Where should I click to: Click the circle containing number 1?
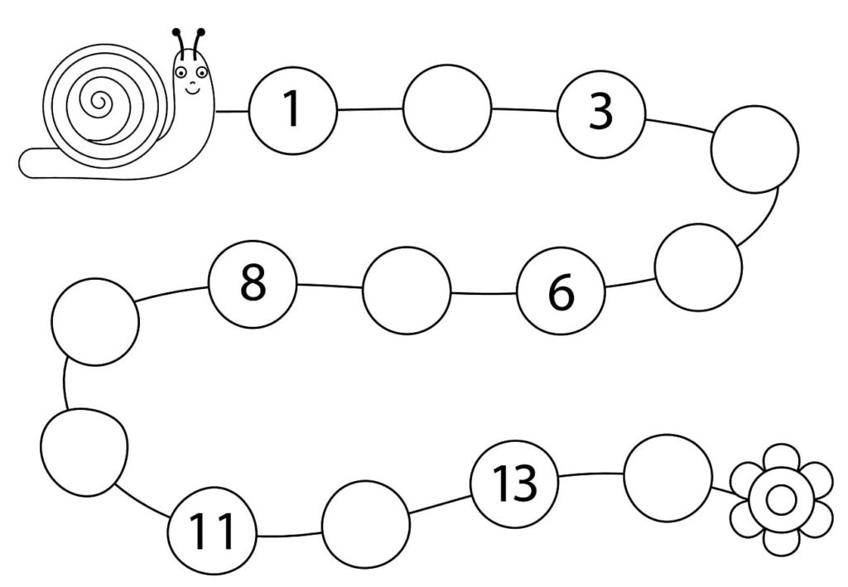(x=292, y=110)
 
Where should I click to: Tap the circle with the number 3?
(x=601, y=111)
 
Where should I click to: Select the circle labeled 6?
(x=561, y=290)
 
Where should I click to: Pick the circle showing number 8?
(x=253, y=283)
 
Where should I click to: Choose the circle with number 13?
(x=514, y=483)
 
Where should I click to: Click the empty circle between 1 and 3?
(x=447, y=108)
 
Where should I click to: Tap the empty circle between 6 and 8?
(x=407, y=291)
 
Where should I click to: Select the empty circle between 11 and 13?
(x=365, y=524)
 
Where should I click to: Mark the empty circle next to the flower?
(x=667, y=478)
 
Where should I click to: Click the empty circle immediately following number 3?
(x=755, y=149)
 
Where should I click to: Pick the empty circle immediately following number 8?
(x=95, y=321)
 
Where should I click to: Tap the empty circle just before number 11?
(x=84, y=453)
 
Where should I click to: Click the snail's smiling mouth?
(x=193, y=89)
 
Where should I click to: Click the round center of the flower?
(x=781, y=500)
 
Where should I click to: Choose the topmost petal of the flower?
(x=781, y=458)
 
